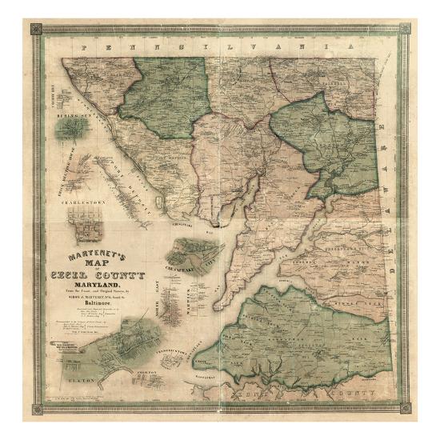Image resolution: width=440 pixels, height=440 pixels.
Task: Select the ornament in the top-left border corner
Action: coord(36,30)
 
